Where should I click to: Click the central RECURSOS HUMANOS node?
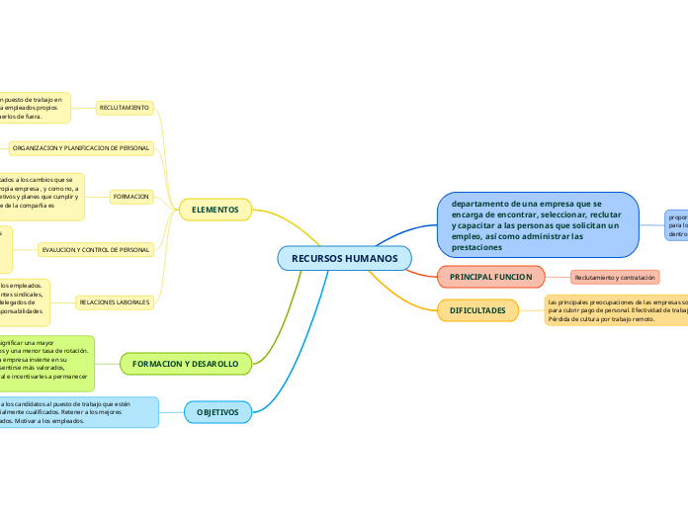pyautogui.click(x=344, y=258)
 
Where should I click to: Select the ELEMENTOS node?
pyautogui.click(x=215, y=210)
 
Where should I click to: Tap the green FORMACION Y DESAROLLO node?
pyautogui.click(x=185, y=365)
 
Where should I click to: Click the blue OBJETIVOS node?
pyautogui.click(x=223, y=411)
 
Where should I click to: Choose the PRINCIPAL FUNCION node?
pyautogui.click(x=491, y=277)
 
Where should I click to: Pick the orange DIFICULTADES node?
pyautogui.click(x=477, y=310)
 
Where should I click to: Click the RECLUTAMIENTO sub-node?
pyautogui.click(x=125, y=107)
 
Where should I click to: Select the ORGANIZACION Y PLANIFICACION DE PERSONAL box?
pyautogui.click(x=81, y=147)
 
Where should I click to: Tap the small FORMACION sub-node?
pyautogui.click(x=131, y=197)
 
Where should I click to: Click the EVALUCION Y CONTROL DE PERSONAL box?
pyautogui.click(x=96, y=250)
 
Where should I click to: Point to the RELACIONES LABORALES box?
pyautogui.click(x=114, y=300)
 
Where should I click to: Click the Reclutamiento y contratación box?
pyautogui.click(x=615, y=278)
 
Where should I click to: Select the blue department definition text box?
pyautogui.click(x=539, y=224)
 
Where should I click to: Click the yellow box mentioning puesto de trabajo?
pyautogui.click(x=34, y=107)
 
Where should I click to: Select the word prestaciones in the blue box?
pyautogui.click(x=476, y=247)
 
